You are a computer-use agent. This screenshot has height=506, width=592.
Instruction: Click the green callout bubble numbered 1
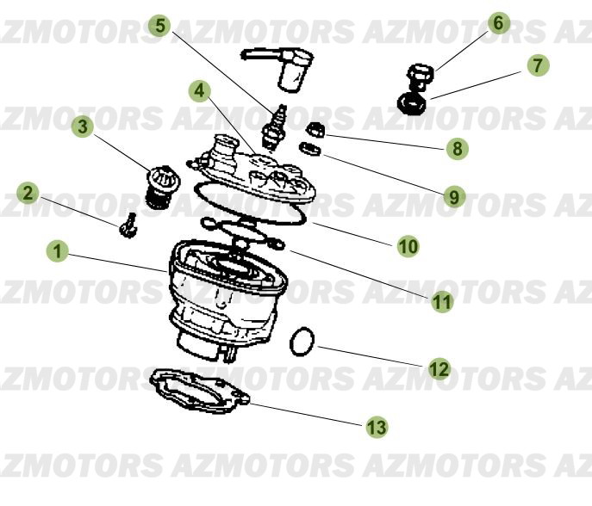(x=58, y=251)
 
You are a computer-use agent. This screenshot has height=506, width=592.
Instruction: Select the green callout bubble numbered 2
(x=28, y=193)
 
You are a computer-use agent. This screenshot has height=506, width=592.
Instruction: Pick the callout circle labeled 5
(x=159, y=25)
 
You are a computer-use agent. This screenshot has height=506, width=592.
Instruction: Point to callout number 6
(x=499, y=23)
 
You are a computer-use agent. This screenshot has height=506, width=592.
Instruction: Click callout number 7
(x=537, y=65)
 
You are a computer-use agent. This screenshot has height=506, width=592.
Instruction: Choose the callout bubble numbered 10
(x=408, y=246)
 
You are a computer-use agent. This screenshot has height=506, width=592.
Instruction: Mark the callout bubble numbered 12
(x=439, y=369)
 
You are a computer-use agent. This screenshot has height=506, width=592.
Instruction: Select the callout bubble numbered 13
(x=377, y=426)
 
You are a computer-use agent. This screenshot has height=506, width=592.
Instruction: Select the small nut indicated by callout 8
(x=315, y=131)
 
